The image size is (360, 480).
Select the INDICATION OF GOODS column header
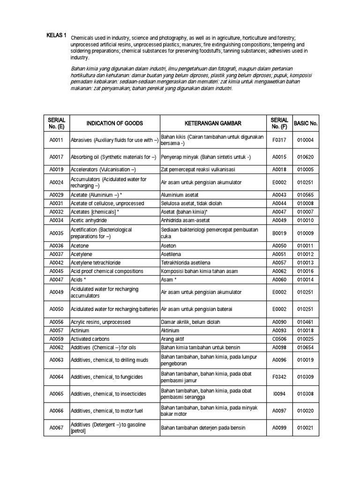click(x=114, y=123)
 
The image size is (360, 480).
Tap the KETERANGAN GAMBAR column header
click(x=212, y=123)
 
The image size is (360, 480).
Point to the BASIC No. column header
click(x=306, y=123)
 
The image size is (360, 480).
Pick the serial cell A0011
click(x=56, y=140)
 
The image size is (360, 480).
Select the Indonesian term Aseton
click(x=169, y=245)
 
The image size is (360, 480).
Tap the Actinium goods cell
click(x=80, y=330)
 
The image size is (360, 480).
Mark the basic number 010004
click(x=306, y=140)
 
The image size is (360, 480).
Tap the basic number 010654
click(x=306, y=347)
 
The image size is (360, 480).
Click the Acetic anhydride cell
click(x=89, y=220)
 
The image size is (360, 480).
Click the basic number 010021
click(x=306, y=427)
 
